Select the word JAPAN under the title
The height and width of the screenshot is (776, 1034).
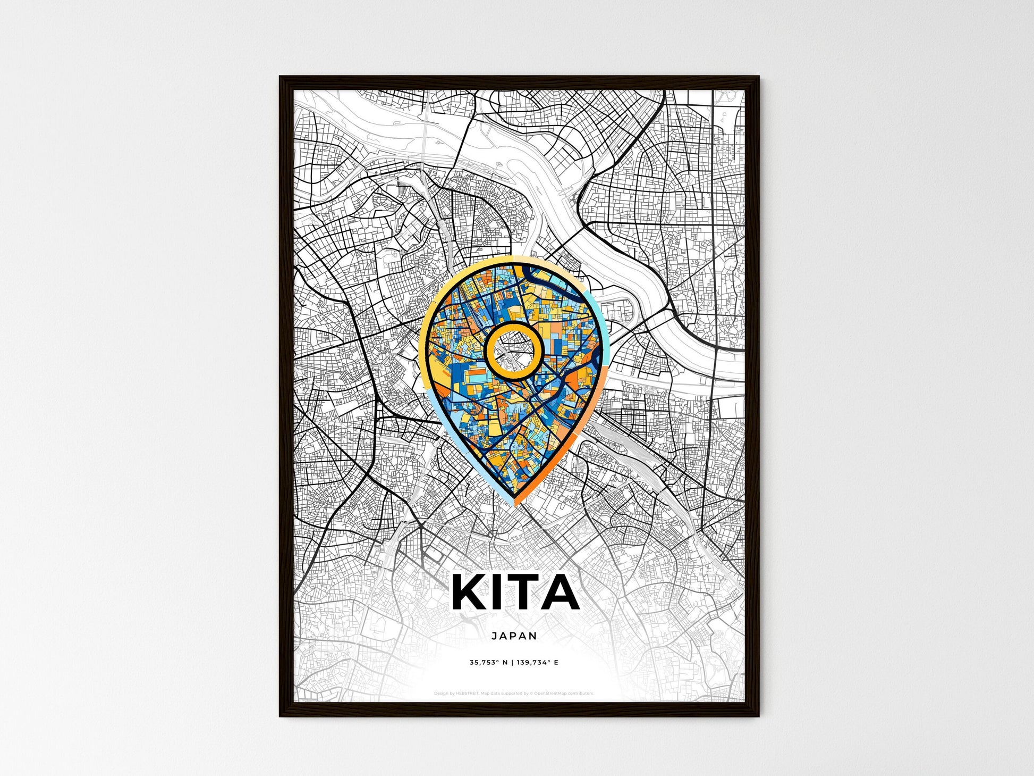coord(514,636)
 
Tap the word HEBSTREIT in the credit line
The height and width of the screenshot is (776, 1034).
coord(467,694)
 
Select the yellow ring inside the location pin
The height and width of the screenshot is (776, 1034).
coord(513,326)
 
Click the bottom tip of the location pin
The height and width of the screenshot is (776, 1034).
coord(514,502)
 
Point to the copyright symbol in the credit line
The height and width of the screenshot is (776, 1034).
coord(531,694)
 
